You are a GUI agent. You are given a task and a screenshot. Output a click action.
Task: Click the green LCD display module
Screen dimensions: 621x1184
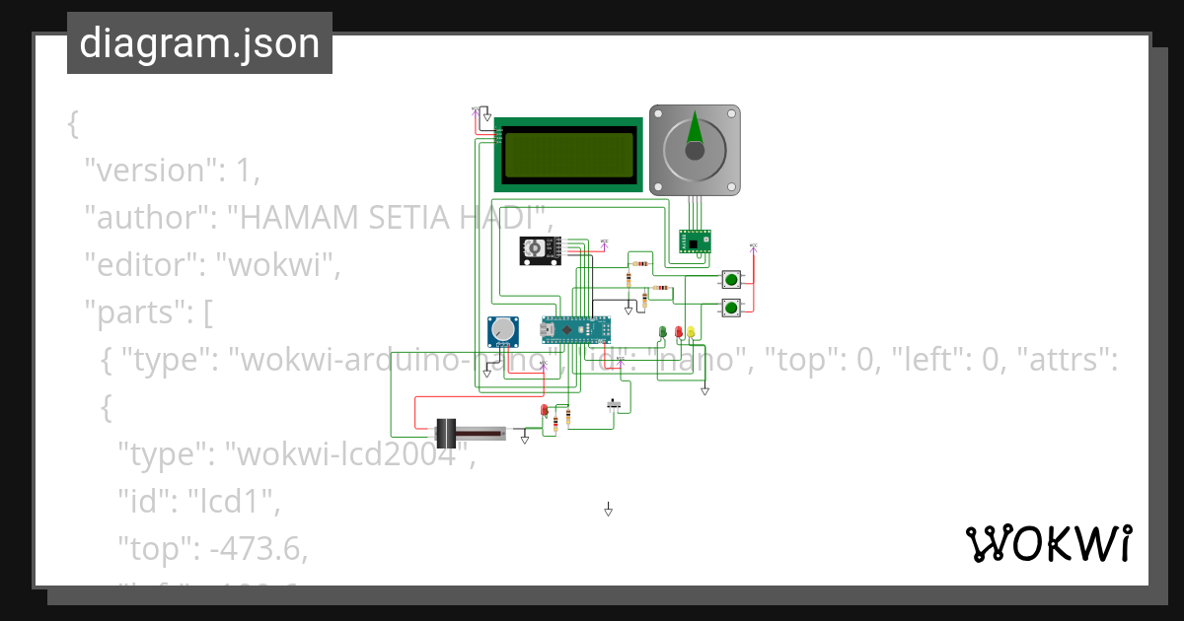pyautogui.click(x=568, y=154)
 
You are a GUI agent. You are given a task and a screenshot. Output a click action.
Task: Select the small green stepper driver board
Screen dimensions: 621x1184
pyautogui.click(x=695, y=241)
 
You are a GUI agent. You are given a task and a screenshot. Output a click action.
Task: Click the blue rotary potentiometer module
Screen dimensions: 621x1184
pyautogui.click(x=504, y=332)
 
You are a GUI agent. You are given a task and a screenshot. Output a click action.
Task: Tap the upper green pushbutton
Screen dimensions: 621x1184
pyautogui.click(x=732, y=279)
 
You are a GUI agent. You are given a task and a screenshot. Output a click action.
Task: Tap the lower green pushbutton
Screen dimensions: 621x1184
pyautogui.click(x=732, y=309)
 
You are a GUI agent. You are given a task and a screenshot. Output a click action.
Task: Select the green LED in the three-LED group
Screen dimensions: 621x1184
pyautogui.click(x=663, y=332)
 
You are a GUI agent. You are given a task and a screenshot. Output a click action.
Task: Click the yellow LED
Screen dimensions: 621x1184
pyautogui.click(x=691, y=332)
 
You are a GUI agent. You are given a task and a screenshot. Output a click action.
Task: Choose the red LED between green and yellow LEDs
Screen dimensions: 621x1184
pyautogui.click(x=678, y=332)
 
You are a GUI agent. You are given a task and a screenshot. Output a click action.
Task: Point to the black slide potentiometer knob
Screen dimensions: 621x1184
pyautogui.click(x=445, y=433)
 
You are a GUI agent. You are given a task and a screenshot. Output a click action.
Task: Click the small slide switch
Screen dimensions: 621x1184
pyautogui.click(x=615, y=403)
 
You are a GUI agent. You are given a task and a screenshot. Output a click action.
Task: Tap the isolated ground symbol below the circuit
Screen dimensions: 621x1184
pyautogui.click(x=609, y=510)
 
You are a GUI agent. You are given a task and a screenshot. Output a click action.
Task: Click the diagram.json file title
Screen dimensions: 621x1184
pyautogui.click(x=199, y=43)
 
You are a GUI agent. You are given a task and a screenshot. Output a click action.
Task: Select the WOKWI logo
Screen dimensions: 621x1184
pyautogui.click(x=1047, y=544)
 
